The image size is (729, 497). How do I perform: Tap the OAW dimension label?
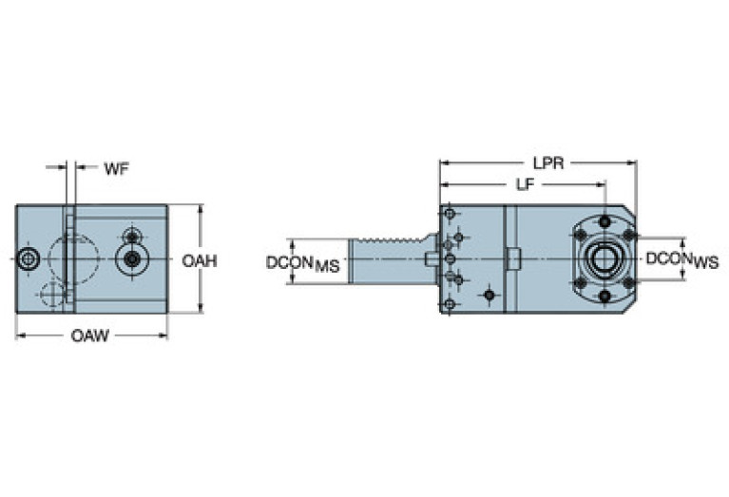point(90,335)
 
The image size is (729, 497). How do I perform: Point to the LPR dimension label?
point(548,162)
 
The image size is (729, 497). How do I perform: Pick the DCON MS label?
point(301,261)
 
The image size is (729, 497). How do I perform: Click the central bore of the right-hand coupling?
point(603,258)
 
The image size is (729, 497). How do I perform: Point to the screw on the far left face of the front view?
point(29,258)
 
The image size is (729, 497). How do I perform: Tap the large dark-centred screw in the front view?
point(131,258)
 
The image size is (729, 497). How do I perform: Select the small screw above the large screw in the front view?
point(131,235)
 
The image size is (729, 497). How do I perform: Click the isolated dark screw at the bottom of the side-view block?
point(489,295)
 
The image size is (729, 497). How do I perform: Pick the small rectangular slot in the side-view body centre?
point(513,258)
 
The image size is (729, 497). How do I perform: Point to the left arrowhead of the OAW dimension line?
point(19,335)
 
